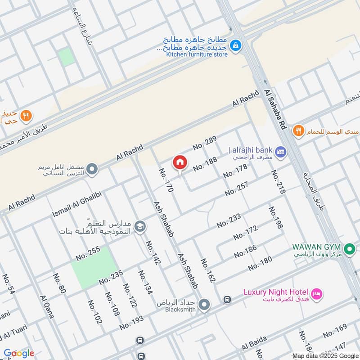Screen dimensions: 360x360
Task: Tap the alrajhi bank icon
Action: click(281, 152)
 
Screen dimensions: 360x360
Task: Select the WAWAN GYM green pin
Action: click(350, 248)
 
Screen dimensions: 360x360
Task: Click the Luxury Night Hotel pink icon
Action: click(317, 293)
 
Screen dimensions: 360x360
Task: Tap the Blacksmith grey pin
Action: click(205, 306)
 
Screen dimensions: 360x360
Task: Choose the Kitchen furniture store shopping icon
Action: click(235, 45)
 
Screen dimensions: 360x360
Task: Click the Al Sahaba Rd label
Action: click(276, 109)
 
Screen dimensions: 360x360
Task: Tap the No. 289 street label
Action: click(205, 143)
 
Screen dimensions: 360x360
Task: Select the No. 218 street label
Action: click(278, 182)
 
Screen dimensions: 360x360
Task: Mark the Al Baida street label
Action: click(254, 343)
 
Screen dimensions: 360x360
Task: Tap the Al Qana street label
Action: click(47, 307)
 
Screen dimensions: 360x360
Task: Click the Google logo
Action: click(18, 353)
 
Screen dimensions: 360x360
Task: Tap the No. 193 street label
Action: click(131, 322)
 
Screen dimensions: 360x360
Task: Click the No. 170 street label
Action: click(166, 180)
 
